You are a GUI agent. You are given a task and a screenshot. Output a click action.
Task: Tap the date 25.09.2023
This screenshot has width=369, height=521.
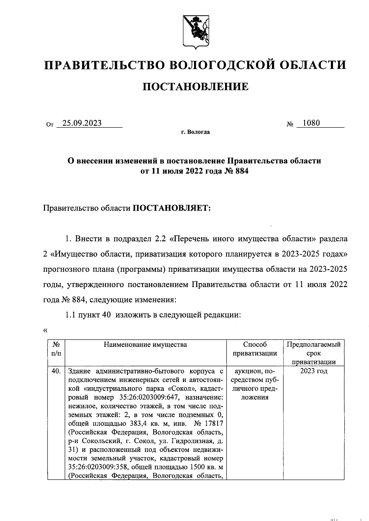[x=81, y=123]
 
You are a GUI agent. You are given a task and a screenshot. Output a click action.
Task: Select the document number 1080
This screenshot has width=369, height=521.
[x=311, y=123]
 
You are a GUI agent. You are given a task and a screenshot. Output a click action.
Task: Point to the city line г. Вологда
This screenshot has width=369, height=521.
[x=195, y=132]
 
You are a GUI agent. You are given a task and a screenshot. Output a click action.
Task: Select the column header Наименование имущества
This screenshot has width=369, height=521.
[x=145, y=344]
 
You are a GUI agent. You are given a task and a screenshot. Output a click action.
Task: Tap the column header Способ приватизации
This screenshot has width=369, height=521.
[x=255, y=349]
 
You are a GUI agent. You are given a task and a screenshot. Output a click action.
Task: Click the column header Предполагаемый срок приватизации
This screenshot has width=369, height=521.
[x=314, y=353]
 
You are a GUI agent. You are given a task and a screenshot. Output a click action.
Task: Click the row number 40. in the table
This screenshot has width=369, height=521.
[x=56, y=371]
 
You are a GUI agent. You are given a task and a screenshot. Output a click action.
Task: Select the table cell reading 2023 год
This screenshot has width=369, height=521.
[x=314, y=371]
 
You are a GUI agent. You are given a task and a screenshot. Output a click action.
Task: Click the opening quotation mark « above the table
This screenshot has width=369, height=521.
[x=46, y=331]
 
